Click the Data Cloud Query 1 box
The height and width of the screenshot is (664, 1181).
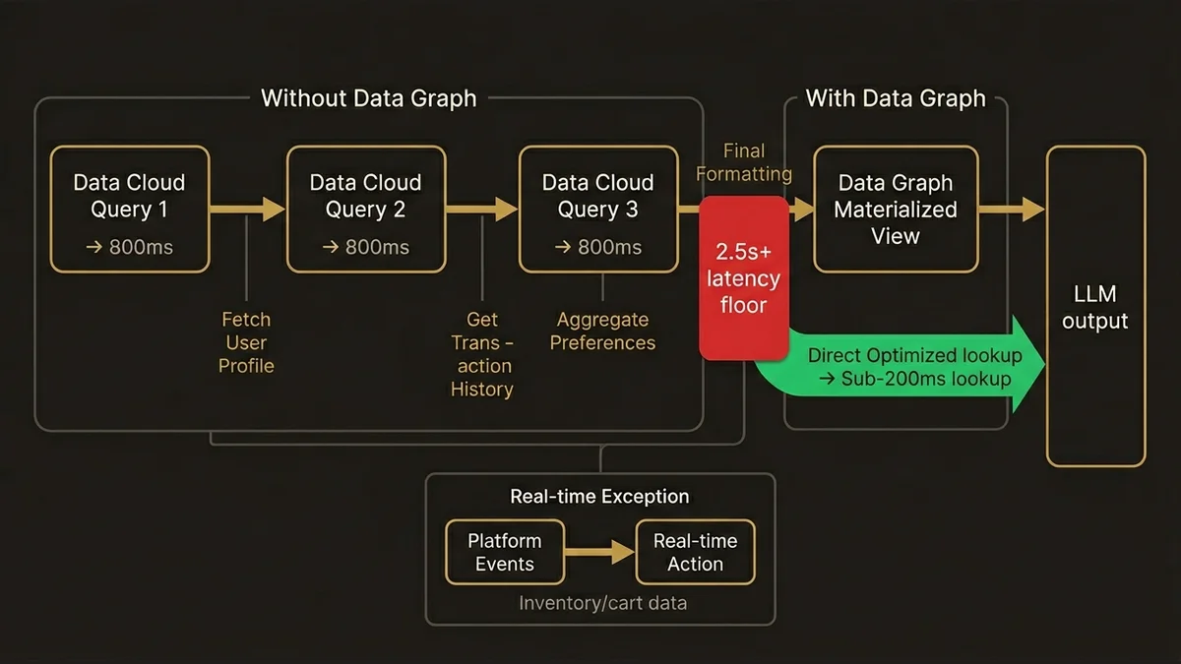coord(129,209)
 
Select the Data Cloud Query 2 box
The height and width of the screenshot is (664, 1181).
coord(365,209)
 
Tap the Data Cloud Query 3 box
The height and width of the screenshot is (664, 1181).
coord(598,209)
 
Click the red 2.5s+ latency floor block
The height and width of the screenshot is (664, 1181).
coord(743,277)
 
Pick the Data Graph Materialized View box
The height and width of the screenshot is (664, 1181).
coord(896,209)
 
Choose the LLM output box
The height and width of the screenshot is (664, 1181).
coord(1095,306)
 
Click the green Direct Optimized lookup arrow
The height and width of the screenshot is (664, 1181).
coord(910,367)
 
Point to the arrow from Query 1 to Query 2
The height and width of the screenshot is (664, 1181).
coord(247,209)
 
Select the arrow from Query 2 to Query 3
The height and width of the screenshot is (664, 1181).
coord(481,209)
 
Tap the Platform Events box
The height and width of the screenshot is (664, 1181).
coord(505,552)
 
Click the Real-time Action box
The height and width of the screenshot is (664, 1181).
coord(695,552)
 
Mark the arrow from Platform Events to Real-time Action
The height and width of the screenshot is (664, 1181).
coord(599,552)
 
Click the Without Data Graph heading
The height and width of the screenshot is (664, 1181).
coord(368,98)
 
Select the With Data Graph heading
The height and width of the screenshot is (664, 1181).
coord(896,98)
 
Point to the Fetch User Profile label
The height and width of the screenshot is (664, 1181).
coord(246,342)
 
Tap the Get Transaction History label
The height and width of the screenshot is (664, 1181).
coord(482,354)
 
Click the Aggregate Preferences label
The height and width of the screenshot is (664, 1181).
coord(602,332)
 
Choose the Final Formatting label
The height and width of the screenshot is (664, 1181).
coord(744,162)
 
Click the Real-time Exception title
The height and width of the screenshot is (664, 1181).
coord(599,497)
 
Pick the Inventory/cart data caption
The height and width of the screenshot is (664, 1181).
coord(602,603)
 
